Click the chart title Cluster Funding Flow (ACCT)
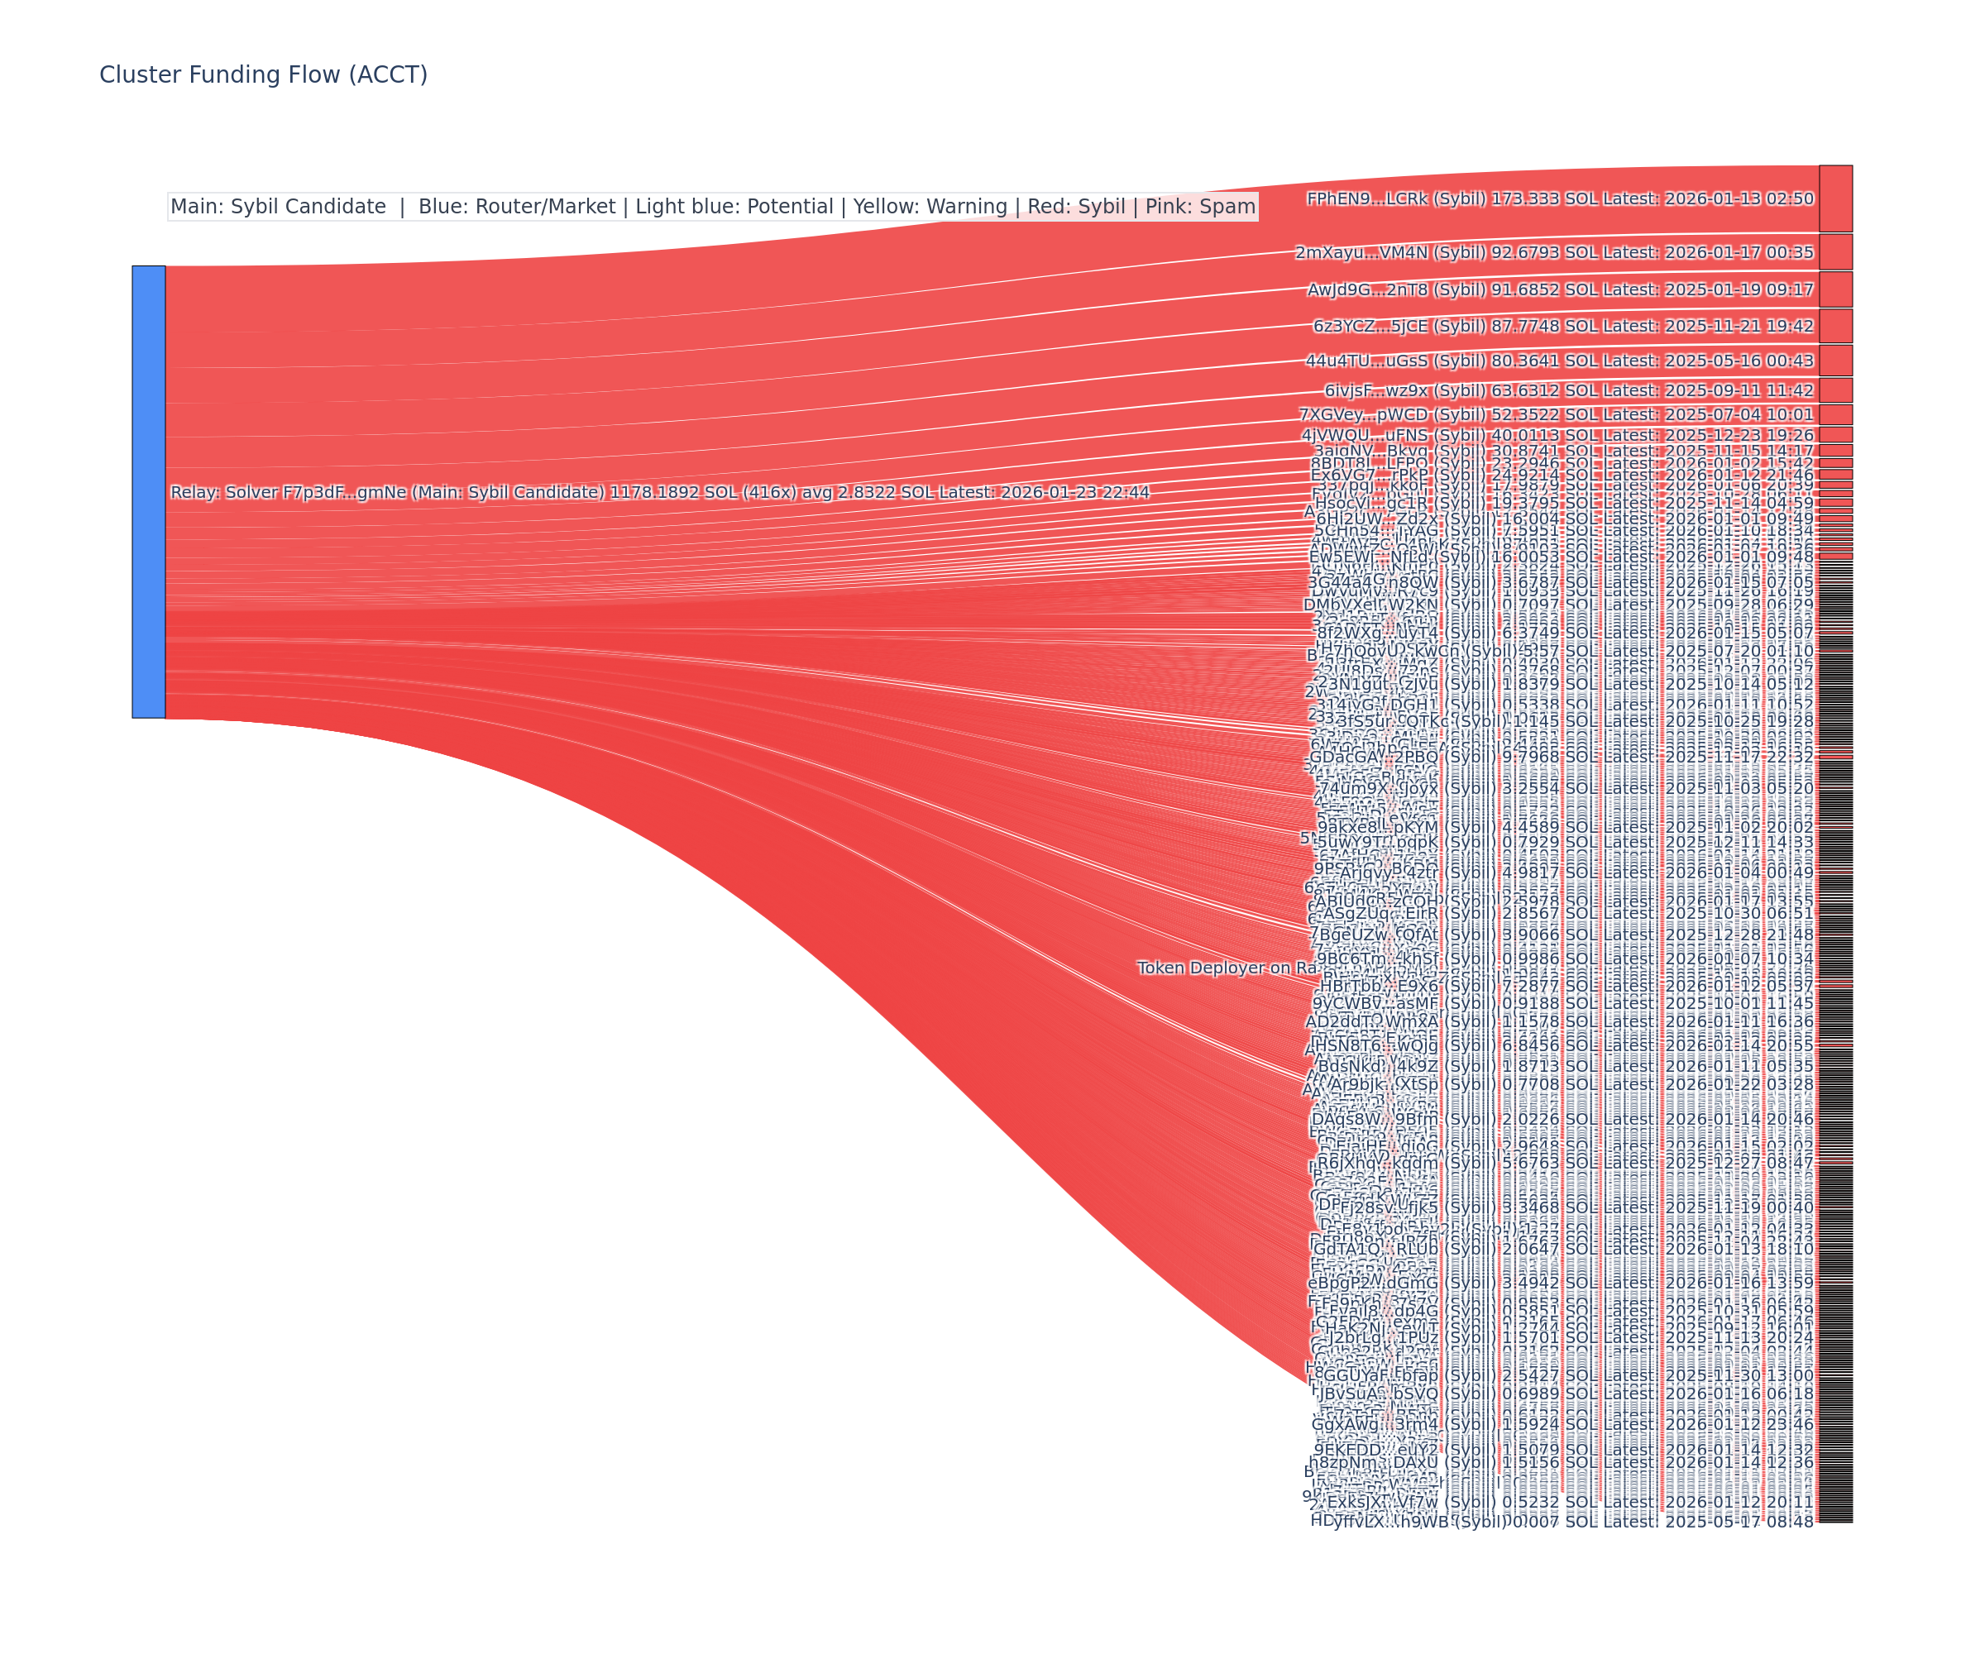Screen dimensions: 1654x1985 263,74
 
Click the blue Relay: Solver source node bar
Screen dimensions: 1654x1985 148,491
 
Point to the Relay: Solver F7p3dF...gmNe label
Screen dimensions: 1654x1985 659,492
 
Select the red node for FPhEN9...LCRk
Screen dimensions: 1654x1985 1834,198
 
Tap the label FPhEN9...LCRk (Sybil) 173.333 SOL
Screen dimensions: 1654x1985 1560,198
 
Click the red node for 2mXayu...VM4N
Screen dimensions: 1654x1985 1834,252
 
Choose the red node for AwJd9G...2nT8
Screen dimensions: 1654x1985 1834,289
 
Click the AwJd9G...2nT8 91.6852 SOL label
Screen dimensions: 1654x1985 1560,289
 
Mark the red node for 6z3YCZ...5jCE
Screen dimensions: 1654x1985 1834,326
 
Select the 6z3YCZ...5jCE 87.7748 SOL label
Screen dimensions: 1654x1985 1562,326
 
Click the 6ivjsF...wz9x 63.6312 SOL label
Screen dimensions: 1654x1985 1568,390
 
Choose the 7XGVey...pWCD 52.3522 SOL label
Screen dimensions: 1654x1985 1556,414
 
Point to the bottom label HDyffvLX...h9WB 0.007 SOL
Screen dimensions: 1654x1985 1562,1521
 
